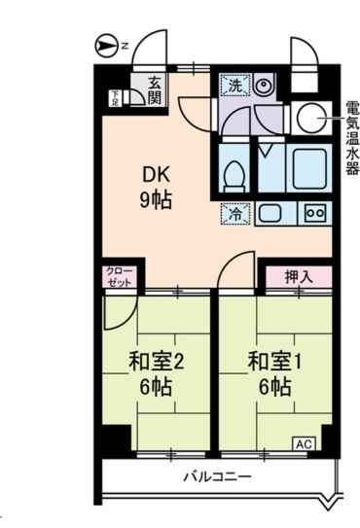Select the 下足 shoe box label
click(x=115, y=96)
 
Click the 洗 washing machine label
click(x=234, y=87)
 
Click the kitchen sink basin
click(x=270, y=213)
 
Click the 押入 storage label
click(x=298, y=275)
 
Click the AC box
click(x=304, y=443)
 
